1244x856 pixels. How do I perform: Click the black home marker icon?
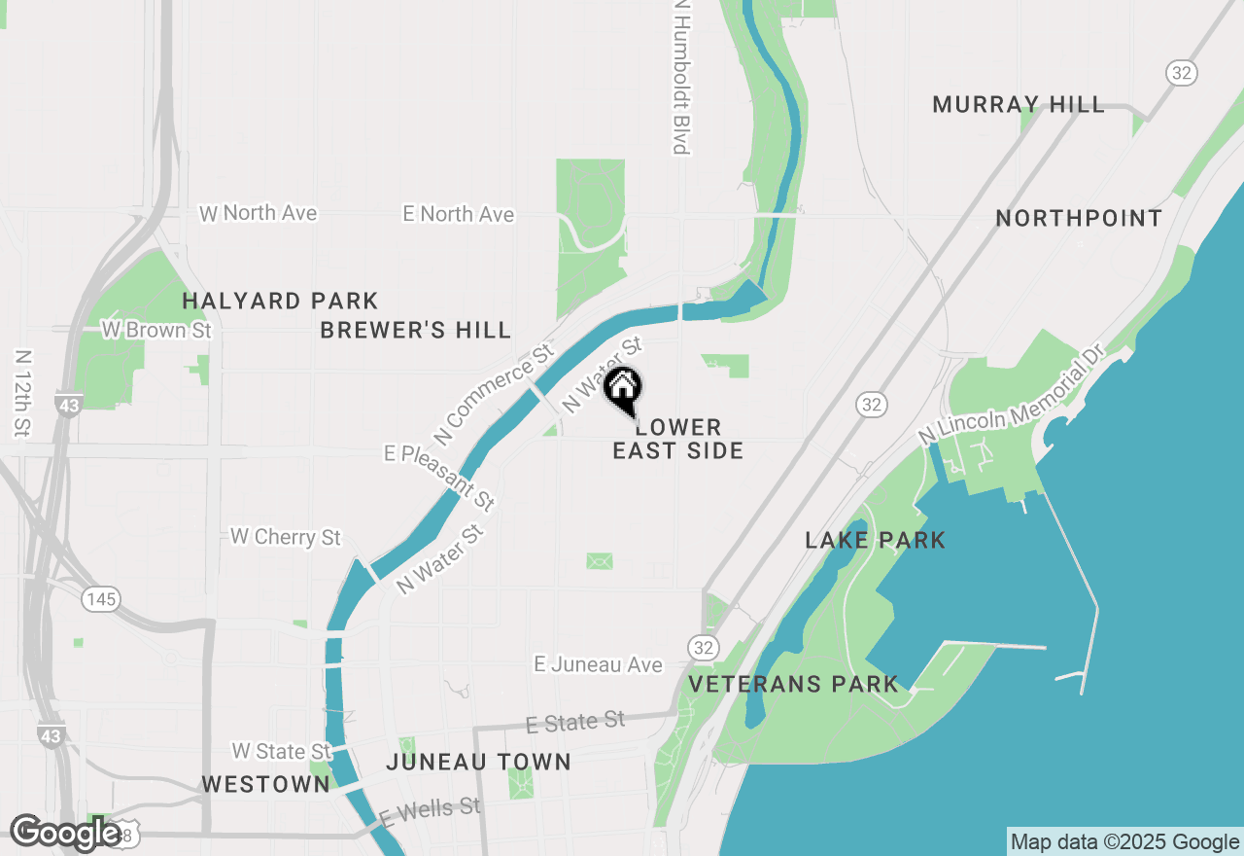coord(622,389)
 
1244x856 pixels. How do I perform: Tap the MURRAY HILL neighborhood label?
coord(1019,105)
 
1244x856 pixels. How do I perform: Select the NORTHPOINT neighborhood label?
coord(1079,218)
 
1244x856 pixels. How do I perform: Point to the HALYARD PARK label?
coord(280,301)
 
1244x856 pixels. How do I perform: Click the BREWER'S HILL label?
coord(416,331)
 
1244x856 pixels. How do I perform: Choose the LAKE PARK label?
coord(875,540)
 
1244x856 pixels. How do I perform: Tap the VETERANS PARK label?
coord(793,684)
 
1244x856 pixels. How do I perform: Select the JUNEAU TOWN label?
coord(478,762)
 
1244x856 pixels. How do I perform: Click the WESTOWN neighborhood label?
coord(265,784)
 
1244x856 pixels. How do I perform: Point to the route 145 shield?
coord(101,598)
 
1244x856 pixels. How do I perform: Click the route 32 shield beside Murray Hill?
coord(1182,73)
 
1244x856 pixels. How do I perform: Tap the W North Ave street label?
coord(258,213)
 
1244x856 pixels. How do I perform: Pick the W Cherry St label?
coord(286,537)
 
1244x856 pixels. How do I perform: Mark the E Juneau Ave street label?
coord(598,664)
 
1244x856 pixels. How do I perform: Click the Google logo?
coord(66,833)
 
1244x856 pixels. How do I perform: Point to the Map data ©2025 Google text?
coord(1124,842)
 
